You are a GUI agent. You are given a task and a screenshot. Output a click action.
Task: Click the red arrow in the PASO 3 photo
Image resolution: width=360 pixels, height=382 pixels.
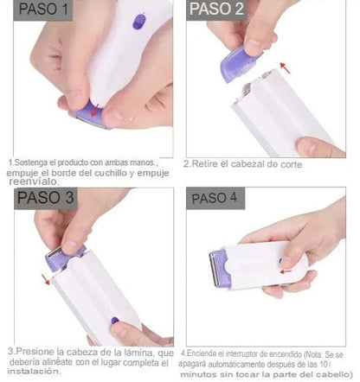[x=45, y=278]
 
